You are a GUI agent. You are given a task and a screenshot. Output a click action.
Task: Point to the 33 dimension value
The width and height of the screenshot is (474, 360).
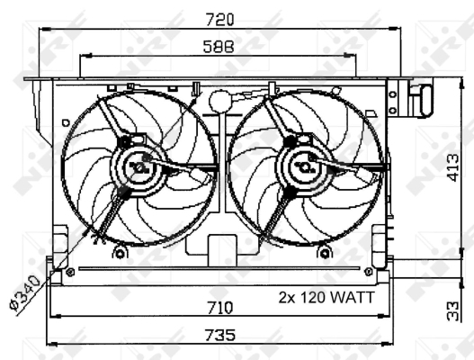click(x=455, y=311)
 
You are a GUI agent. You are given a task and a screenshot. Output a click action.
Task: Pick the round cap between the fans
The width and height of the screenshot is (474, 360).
click(x=219, y=101)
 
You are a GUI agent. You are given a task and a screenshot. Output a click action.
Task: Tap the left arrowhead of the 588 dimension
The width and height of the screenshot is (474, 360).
click(x=83, y=56)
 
